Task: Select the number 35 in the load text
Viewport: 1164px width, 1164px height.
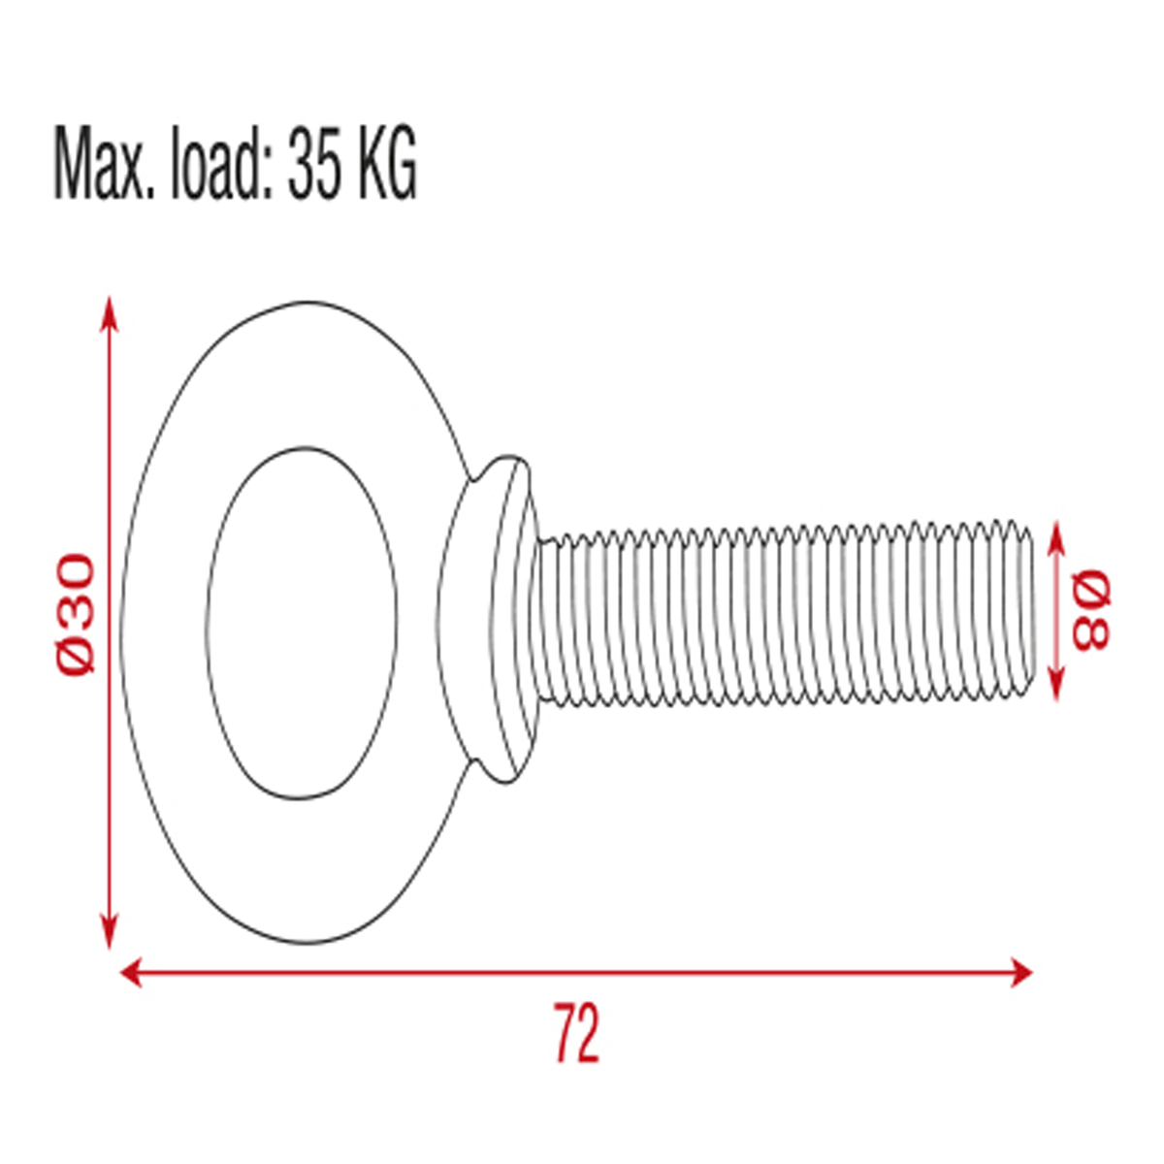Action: coord(312,162)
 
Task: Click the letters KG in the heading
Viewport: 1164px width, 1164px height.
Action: coord(387,162)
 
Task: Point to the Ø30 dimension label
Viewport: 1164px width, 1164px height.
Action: coord(76,614)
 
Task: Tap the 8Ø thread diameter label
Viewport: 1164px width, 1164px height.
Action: coord(1091,610)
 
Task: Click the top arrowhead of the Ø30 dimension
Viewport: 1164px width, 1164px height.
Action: coord(109,314)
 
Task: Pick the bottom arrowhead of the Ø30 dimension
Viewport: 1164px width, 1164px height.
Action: coord(109,931)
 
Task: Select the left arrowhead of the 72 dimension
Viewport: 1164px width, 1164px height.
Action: coord(131,973)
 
